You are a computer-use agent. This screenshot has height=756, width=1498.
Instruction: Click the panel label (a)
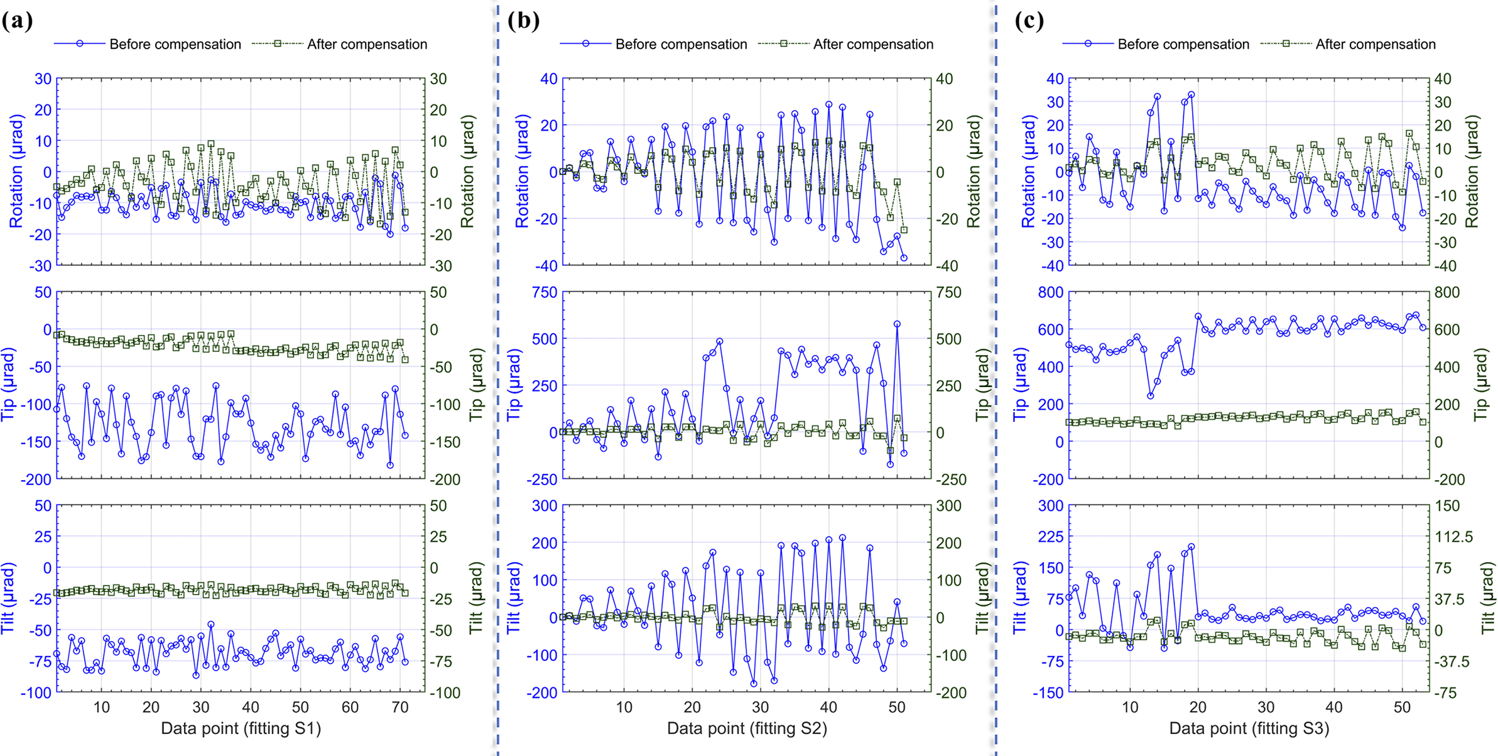coord(17,21)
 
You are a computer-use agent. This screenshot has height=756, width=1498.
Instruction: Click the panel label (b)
coord(523,21)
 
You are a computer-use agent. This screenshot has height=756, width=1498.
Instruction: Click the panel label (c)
coord(1029,21)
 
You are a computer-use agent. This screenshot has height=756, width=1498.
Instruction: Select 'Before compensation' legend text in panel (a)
coord(175,45)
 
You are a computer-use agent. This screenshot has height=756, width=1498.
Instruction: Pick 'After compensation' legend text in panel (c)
coord(1376,45)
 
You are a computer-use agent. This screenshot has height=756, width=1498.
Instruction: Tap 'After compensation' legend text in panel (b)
coord(873,45)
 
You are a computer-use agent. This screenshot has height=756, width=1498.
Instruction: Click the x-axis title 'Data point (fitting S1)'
coord(241,728)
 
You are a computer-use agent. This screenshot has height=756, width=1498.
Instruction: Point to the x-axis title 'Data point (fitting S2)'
coord(747,728)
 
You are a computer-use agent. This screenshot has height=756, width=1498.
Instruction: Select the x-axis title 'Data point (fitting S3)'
coord(1249,728)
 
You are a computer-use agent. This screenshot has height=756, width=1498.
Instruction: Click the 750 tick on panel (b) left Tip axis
coord(544,292)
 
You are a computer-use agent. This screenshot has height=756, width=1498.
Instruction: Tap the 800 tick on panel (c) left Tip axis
coord(1050,292)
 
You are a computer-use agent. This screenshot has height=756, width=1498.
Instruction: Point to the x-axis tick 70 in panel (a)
coord(399,708)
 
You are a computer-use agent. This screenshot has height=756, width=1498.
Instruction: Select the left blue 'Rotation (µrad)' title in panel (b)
coord(522,171)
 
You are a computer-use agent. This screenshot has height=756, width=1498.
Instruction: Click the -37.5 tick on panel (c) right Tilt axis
coord(1452,662)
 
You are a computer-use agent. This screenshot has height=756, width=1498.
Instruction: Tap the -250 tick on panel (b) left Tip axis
coord(541,479)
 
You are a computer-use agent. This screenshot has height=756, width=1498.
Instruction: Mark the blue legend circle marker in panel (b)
coord(585,44)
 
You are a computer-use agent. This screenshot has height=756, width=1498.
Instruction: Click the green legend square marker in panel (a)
coord(277,44)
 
